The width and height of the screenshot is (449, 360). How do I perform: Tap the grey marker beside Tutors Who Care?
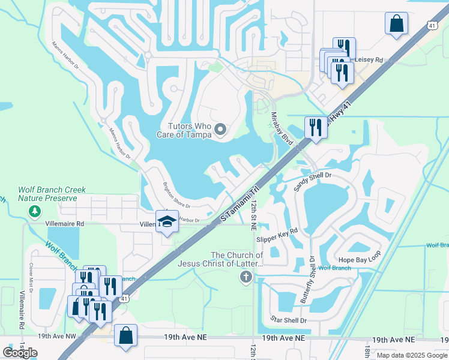pos(221,130)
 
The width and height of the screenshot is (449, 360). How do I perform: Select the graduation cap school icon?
pos(167,221)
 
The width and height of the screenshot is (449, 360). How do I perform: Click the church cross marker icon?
pos(245,277)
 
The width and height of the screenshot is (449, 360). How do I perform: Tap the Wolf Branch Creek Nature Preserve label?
pos(47,193)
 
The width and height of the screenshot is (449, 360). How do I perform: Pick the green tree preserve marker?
pos(35,211)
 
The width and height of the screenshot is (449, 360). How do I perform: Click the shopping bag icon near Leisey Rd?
pos(396,24)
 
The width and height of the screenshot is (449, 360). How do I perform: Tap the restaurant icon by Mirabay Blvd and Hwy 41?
pos(316,127)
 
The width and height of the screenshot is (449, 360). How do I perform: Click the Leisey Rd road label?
pos(369,60)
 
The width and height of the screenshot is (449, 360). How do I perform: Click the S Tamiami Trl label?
pos(240,202)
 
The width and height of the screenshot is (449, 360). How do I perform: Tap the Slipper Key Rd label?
pos(277,235)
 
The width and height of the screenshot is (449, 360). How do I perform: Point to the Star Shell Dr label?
pos(289,320)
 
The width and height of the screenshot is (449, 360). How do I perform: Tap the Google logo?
pos(20,352)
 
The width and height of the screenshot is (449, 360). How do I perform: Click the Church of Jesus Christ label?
pos(221,259)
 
